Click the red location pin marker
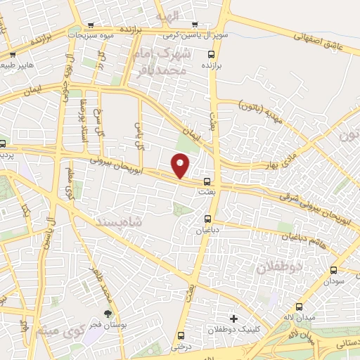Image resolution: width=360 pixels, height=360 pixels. [x=181, y=166]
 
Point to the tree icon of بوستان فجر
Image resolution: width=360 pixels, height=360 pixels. [x=108, y=314]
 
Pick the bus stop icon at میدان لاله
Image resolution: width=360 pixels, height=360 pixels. [x=300, y=307]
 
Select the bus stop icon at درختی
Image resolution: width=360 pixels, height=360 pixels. [x=181, y=335]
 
